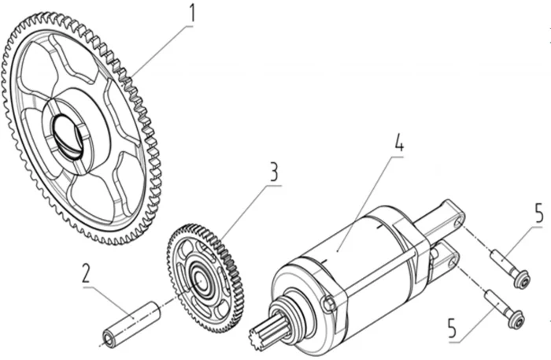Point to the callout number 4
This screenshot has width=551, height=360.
(399, 144)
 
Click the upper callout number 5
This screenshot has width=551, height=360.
(538, 214)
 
